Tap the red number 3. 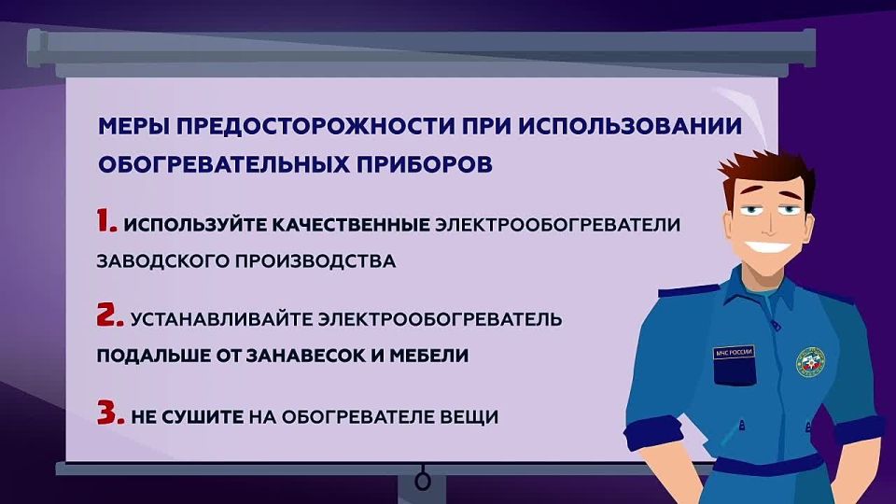(x=109, y=413)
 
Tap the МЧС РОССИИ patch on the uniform (x=733, y=352)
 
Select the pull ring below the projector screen (x=423, y=482)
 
